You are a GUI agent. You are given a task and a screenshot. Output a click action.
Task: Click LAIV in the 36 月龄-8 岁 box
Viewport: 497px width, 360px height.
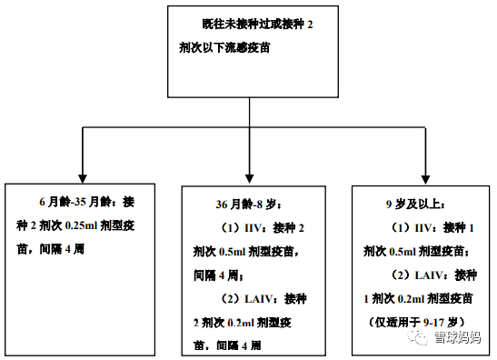[254, 298]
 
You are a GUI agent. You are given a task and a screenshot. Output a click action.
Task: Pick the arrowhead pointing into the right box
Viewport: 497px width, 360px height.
[424, 172]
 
